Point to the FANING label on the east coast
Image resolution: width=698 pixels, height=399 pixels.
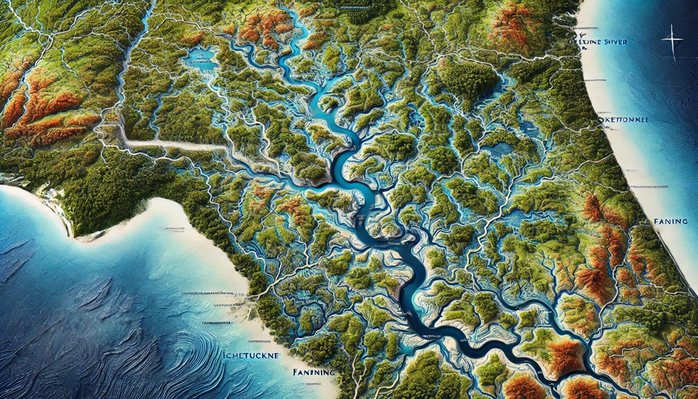(x=671, y=222)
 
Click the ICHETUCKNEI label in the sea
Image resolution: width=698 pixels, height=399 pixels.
(x=251, y=354)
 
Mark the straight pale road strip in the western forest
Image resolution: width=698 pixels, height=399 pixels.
(x=169, y=144)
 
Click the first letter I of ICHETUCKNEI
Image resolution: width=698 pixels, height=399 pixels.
(x=225, y=354)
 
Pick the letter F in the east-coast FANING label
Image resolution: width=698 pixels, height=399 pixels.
(x=656, y=222)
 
